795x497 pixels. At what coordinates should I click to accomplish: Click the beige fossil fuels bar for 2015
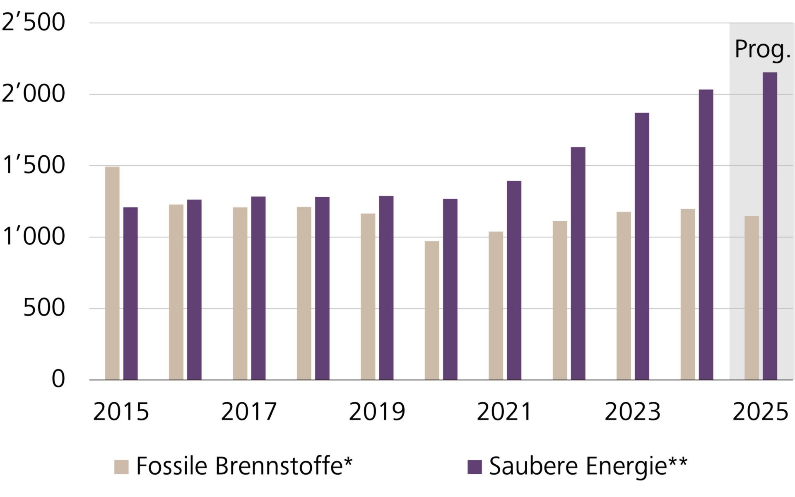click(x=112, y=273)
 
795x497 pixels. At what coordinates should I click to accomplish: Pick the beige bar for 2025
click(x=752, y=298)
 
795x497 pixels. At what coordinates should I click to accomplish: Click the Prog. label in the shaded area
click(x=762, y=50)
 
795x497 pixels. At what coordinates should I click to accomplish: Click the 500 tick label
click(x=44, y=308)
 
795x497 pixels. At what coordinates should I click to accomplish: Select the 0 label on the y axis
click(x=58, y=379)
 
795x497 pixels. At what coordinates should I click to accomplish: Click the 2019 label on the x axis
click(x=376, y=412)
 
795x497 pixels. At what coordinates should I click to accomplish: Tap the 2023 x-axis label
click(x=632, y=412)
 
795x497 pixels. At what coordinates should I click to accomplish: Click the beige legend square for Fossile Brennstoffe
click(x=121, y=467)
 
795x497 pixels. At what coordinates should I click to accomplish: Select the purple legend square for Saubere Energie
click(x=475, y=467)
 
